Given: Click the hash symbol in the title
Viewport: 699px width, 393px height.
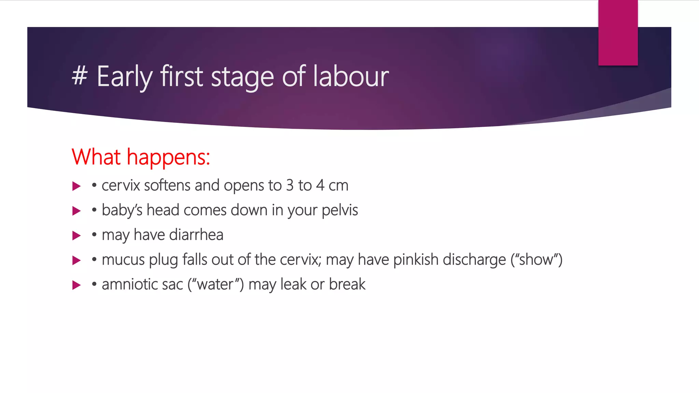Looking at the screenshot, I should point(80,76).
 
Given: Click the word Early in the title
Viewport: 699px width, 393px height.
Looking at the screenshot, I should point(124,77).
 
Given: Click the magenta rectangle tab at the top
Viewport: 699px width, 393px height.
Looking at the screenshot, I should point(618,33).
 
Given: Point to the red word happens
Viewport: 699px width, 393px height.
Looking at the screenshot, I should point(168,158).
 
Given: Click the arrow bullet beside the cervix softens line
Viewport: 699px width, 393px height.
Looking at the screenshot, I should point(76,186).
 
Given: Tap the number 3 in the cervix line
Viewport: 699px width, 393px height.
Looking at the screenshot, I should point(290,186).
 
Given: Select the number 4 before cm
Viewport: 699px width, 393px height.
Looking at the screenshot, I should point(320,186).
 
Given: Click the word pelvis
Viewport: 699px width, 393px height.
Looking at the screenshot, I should point(340,210).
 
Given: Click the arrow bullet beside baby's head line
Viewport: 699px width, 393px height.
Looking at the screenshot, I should point(76,211).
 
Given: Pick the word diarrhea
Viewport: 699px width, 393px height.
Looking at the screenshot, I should point(196,235).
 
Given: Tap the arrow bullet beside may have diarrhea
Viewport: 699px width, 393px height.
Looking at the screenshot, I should point(76,235).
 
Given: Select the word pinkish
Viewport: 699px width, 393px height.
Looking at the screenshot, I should point(416,260).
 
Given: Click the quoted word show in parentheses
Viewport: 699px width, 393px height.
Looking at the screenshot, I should point(536,260).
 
